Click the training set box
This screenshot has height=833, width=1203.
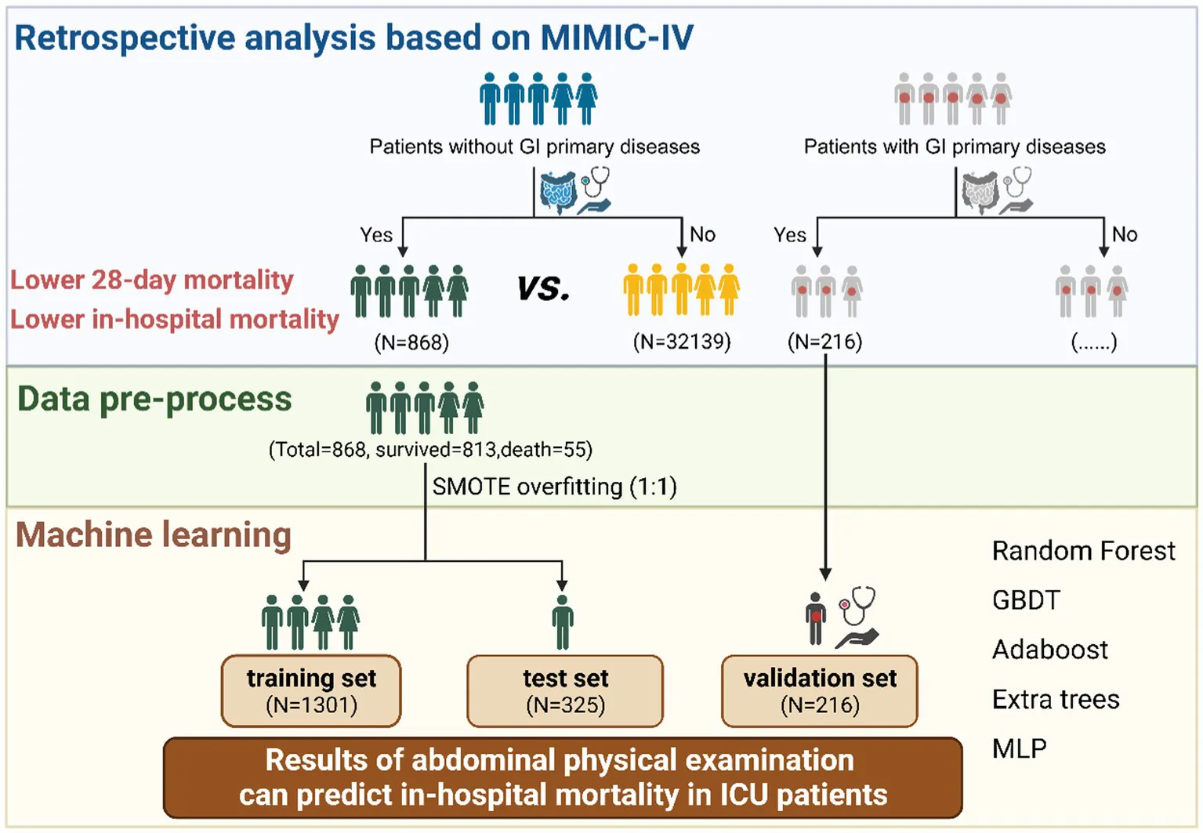click(311, 690)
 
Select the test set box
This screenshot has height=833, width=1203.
click(565, 690)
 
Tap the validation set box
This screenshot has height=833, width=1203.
click(820, 690)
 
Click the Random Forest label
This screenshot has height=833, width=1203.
click(1083, 551)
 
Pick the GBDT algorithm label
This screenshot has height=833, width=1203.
click(1026, 600)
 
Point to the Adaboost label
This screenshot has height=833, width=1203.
click(1050, 650)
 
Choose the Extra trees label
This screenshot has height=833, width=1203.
click(1056, 699)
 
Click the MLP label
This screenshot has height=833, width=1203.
click(1019, 748)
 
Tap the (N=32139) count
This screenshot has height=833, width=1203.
click(682, 342)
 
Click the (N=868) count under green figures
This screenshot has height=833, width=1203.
click(411, 342)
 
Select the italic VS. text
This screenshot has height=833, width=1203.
click(543, 289)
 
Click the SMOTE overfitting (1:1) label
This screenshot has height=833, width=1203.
click(554, 487)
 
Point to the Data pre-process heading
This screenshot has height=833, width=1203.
click(154, 399)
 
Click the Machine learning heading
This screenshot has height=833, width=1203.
click(154, 535)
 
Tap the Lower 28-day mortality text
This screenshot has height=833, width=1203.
click(151, 280)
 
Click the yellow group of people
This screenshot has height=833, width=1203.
click(681, 290)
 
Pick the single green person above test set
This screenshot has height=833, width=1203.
click(562, 622)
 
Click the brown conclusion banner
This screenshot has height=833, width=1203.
click(563, 777)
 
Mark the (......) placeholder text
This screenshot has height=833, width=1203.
click(1093, 342)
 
